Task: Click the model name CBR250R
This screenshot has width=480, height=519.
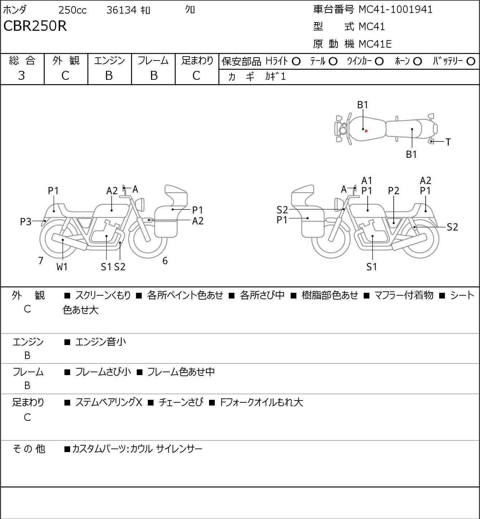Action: click(x=35, y=26)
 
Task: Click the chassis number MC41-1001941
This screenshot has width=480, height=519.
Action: click(x=396, y=10)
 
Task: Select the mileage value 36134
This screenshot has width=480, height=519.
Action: click(x=122, y=10)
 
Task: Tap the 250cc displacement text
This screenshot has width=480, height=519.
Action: click(x=72, y=10)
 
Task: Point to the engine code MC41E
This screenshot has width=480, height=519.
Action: click(x=375, y=44)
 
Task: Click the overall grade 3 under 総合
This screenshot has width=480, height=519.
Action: click(x=21, y=76)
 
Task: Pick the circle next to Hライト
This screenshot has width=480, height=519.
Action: click(x=296, y=62)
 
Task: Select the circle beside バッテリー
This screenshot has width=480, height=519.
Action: click(x=471, y=62)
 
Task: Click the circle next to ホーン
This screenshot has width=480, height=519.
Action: click(x=417, y=62)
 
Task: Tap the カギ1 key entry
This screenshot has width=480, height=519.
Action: click(x=275, y=77)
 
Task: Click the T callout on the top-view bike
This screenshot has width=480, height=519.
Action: click(x=448, y=142)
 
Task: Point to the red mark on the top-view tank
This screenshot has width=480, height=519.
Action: click(x=366, y=131)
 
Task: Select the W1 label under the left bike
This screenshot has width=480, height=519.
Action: click(x=62, y=267)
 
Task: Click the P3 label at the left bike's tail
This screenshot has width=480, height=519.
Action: click(x=26, y=222)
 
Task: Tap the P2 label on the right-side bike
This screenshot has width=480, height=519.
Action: click(x=393, y=191)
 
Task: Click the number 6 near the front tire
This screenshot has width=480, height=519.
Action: click(x=165, y=261)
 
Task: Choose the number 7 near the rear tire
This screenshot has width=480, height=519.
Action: click(x=40, y=261)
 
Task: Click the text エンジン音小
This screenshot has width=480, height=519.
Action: click(x=101, y=342)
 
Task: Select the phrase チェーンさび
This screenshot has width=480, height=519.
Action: click(x=181, y=402)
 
